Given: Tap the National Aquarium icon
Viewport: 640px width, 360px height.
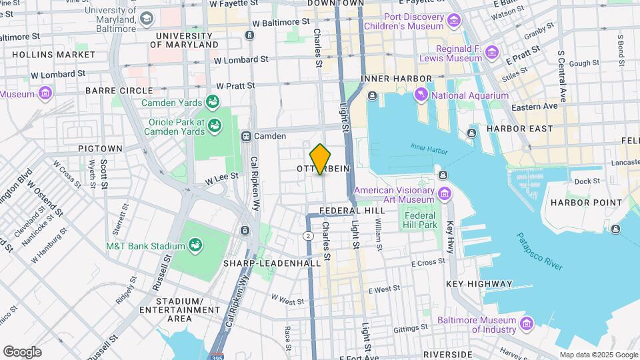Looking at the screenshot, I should [x=421, y=96].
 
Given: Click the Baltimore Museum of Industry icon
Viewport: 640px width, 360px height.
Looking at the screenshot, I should [x=527, y=324].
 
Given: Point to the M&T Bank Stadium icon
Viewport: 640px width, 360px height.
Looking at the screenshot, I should [x=196, y=246].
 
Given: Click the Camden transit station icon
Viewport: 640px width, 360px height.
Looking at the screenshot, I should [x=246, y=136].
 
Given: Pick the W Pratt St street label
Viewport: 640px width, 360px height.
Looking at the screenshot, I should [x=235, y=86].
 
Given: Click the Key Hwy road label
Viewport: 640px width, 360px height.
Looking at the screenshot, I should [x=451, y=236].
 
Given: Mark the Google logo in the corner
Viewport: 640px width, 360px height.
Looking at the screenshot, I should [x=21, y=351].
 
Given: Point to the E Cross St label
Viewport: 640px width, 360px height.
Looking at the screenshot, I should [x=428, y=263].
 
